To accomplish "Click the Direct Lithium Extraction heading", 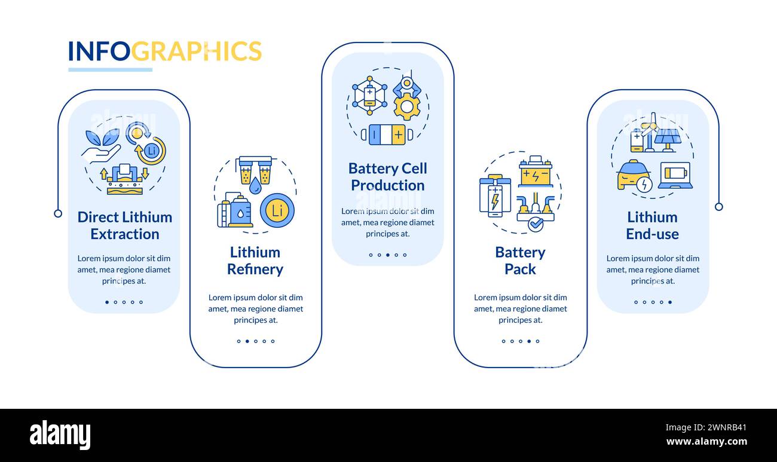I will tap(124, 225).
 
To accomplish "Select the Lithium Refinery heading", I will tap(255, 261).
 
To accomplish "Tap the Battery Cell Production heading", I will tap(387, 177).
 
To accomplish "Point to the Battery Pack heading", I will tap(520, 261).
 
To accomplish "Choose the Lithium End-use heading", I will tap(652, 225).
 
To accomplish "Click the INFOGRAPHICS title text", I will tap(164, 51).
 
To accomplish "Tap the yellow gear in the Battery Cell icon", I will tap(407, 106).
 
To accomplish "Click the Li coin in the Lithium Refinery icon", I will tap(277, 210).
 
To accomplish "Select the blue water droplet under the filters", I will tap(255, 186).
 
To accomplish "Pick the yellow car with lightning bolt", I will tap(634, 176).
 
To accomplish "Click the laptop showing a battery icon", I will tap(675, 175).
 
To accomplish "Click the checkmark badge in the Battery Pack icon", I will tap(536, 224).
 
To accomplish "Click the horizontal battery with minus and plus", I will tap(387, 134).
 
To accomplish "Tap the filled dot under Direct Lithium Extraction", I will tap(107, 302).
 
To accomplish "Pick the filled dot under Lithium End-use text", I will tap(669, 302).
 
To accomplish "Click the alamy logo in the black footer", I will tap(60, 435).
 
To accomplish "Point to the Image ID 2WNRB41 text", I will tap(707, 427).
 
